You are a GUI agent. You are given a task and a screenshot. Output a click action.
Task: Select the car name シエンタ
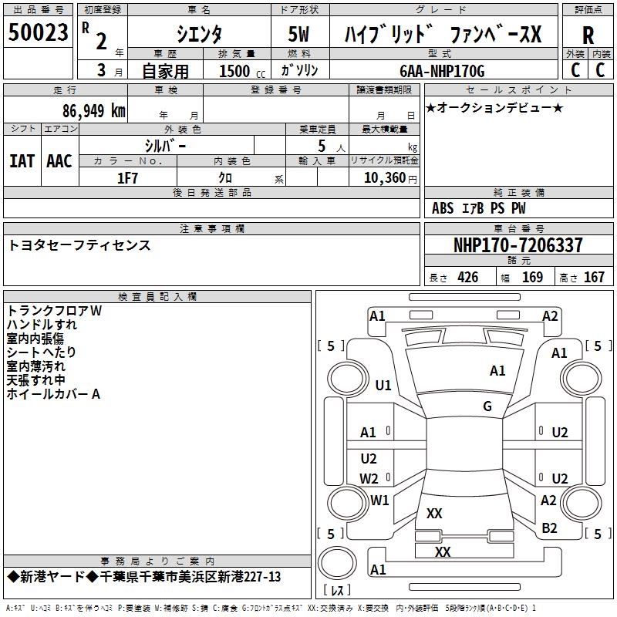click(198, 35)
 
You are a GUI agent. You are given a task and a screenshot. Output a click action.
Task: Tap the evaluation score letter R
click(588, 35)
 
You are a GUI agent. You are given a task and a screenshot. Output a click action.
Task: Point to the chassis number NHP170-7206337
click(518, 246)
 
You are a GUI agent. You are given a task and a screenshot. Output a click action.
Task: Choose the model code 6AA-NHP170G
click(442, 71)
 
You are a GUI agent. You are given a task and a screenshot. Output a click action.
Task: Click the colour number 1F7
click(127, 177)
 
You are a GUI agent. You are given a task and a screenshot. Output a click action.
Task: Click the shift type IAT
click(22, 161)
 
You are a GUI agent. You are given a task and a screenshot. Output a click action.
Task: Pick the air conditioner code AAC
click(59, 161)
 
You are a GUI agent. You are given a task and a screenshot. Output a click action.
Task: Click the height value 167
click(594, 278)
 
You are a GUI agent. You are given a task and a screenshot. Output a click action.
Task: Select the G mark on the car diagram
click(487, 406)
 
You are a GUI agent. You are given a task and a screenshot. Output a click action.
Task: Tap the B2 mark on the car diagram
click(549, 528)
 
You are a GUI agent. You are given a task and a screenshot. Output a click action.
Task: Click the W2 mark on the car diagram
click(369, 478)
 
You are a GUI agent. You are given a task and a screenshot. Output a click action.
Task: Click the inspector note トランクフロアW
click(54, 311)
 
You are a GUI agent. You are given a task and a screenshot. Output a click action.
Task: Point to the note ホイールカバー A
click(53, 394)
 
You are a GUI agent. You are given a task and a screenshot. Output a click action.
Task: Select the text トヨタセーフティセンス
click(79, 246)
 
